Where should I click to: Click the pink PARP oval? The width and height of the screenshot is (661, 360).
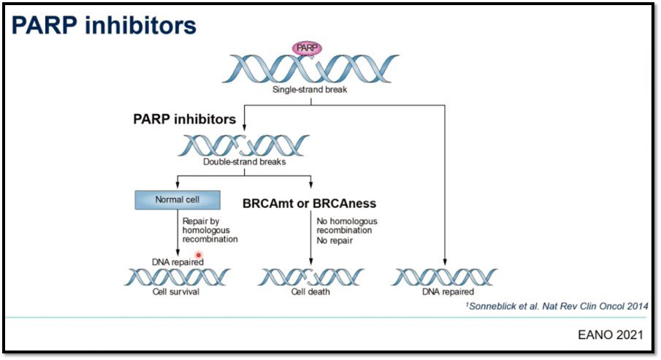pyautogui.click(x=307, y=48)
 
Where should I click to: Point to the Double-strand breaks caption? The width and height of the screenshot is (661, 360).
pyautogui.click(x=245, y=162)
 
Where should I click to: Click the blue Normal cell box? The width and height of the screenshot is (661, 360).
pyautogui.click(x=177, y=199)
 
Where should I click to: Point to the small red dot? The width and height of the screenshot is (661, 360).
pyautogui.click(x=198, y=256)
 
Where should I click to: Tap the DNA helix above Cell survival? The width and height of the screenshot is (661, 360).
pyautogui.click(x=177, y=277)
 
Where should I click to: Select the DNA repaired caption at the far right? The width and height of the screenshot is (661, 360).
pyautogui.click(x=447, y=292)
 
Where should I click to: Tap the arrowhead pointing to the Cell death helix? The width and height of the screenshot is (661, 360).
pyautogui.click(x=311, y=263)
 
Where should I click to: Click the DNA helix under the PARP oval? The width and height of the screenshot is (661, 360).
pyautogui.click(x=310, y=69)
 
